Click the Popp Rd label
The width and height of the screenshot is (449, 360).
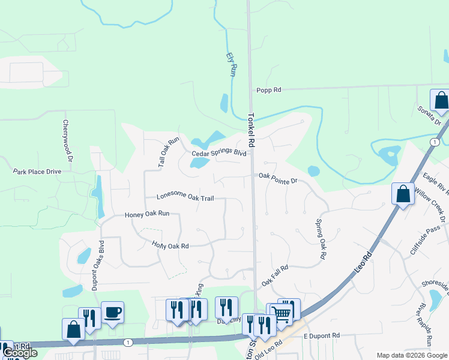click(x=268, y=90)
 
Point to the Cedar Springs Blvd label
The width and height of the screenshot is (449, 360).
click(x=219, y=154)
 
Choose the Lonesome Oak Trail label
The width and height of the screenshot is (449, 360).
click(x=185, y=196)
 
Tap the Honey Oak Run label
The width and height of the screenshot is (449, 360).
click(x=147, y=214)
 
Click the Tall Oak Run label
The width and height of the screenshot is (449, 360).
click(x=169, y=152)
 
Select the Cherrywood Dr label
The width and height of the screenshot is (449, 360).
click(x=67, y=140)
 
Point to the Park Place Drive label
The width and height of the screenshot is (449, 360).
click(x=37, y=172)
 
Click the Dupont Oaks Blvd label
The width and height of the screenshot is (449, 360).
click(x=98, y=265)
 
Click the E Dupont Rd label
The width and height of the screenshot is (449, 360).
click(x=322, y=335)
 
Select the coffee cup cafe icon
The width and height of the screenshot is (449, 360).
click(x=112, y=313)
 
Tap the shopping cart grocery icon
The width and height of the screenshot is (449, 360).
click(x=280, y=314)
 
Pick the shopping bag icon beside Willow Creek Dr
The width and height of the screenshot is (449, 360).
click(x=403, y=194)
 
